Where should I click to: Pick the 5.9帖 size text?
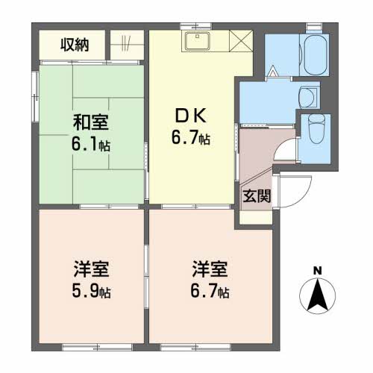pos(92,290)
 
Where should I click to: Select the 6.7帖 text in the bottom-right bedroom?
pos(209,290)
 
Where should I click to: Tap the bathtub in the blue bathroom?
pos(312,54)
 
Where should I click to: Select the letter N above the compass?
pos(317,270)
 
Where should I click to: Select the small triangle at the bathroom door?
pos(273,73)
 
